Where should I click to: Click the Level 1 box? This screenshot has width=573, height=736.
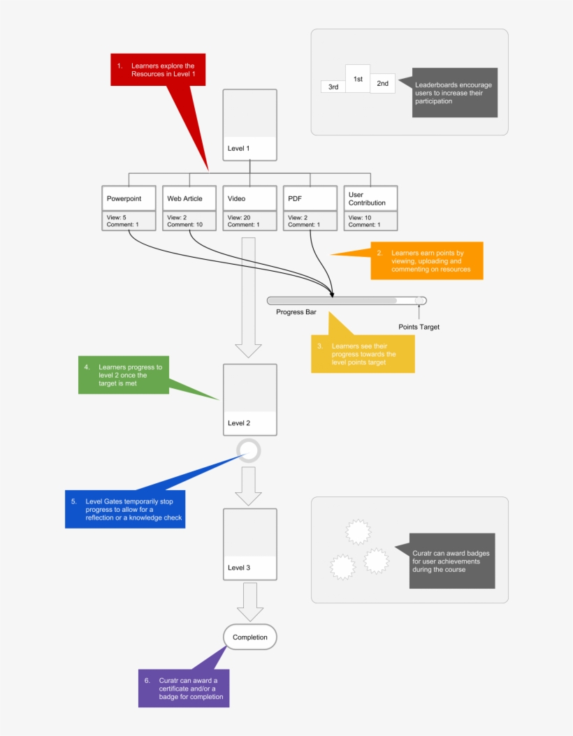tap(249, 125)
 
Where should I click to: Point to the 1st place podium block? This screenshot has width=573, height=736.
tap(358, 79)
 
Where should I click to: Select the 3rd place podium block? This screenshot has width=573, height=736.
tap(333, 87)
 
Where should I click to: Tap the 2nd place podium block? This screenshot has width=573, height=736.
tap(383, 83)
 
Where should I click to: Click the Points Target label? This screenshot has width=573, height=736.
tap(419, 327)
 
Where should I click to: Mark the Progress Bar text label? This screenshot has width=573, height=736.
tap(296, 312)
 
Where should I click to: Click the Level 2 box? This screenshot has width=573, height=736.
tap(249, 399)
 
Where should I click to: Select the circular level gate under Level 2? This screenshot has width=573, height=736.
tap(249, 450)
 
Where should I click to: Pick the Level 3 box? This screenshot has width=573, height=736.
tap(249, 544)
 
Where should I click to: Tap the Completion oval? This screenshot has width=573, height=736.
tap(249, 637)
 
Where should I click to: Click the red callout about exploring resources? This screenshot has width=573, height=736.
tap(159, 70)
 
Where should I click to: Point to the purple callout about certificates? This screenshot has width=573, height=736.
tap(183, 689)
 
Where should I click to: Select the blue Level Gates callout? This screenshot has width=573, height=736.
tap(125, 509)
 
